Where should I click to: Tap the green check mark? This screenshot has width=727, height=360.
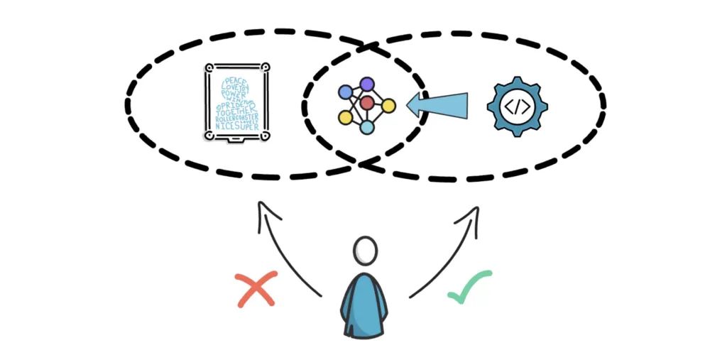tap(470, 287)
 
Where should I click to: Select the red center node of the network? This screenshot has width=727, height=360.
tap(366, 104)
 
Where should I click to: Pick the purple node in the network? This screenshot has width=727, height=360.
tap(366, 84)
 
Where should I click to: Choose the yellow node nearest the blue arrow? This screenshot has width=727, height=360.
tap(388, 106)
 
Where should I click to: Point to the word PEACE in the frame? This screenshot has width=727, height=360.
tap(237, 80)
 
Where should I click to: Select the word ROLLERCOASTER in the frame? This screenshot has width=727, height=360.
tap(236, 119)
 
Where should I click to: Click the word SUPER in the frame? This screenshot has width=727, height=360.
tap(249, 126)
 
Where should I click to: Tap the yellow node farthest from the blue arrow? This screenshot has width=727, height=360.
tap(345, 116)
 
